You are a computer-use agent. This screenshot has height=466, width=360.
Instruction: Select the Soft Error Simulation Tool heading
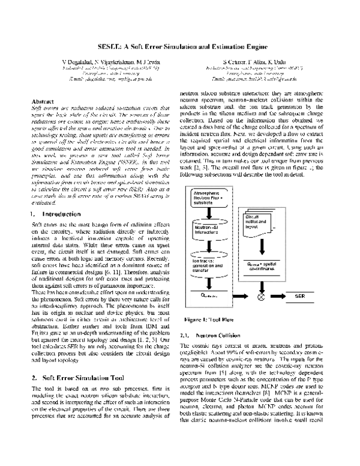tap(78, 362)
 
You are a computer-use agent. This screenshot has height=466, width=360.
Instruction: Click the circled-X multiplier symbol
tap(261, 296)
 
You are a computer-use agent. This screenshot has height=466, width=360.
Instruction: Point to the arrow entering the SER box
tap(277, 296)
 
